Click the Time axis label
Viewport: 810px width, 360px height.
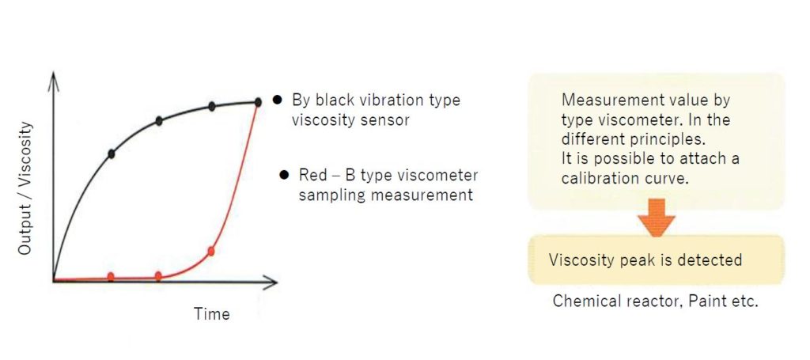click(x=211, y=313)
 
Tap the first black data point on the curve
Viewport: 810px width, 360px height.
click(x=111, y=153)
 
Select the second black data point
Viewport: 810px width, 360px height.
click(x=159, y=121)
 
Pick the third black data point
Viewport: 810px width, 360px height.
click(x=211, y=106)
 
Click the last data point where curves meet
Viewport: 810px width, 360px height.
click(x=258, y=102)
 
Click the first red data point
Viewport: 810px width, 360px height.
click(x=111, y=277)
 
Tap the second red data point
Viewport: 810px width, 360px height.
click(x=158, y=276)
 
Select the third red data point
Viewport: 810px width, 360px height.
click(x=210, y=252)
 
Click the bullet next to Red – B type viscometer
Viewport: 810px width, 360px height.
click(x=283, y=175)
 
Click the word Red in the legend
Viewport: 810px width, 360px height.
click(x=312, y=175)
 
